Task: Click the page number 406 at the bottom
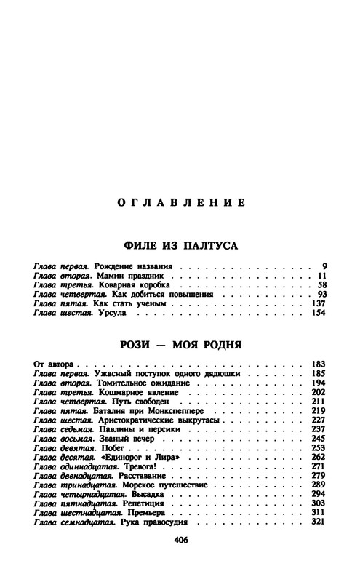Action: [179, 561]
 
